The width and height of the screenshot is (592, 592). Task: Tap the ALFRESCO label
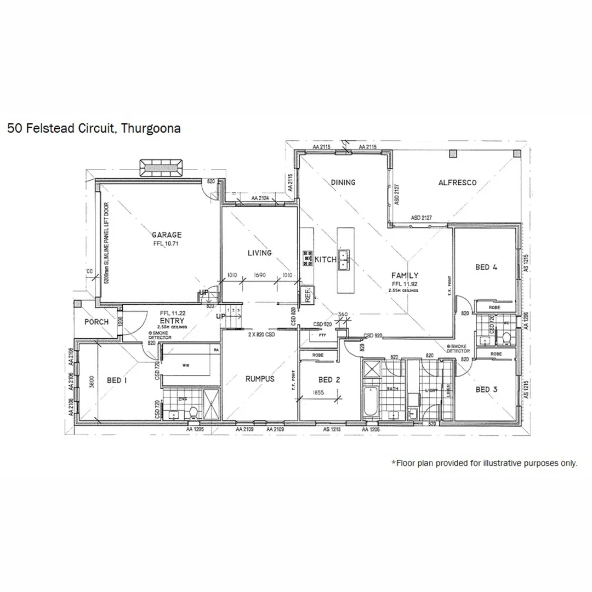(x=457, y=183)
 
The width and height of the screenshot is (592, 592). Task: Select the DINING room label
(x=343, y=183)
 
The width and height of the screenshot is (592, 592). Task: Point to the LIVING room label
(x=259, y=253)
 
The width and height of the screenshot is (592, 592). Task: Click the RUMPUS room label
(x=259, y=379)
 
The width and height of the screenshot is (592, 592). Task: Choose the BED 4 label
(x=486, y=267)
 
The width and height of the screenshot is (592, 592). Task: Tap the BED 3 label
(x=486, y=389)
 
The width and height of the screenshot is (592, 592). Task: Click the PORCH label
(x=96, y=322)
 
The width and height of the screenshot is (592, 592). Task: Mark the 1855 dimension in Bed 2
(x=319, y=393)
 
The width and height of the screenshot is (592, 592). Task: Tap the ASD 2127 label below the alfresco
(x=422, y=218)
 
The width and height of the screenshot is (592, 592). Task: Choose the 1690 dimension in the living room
(x=259, y=276)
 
